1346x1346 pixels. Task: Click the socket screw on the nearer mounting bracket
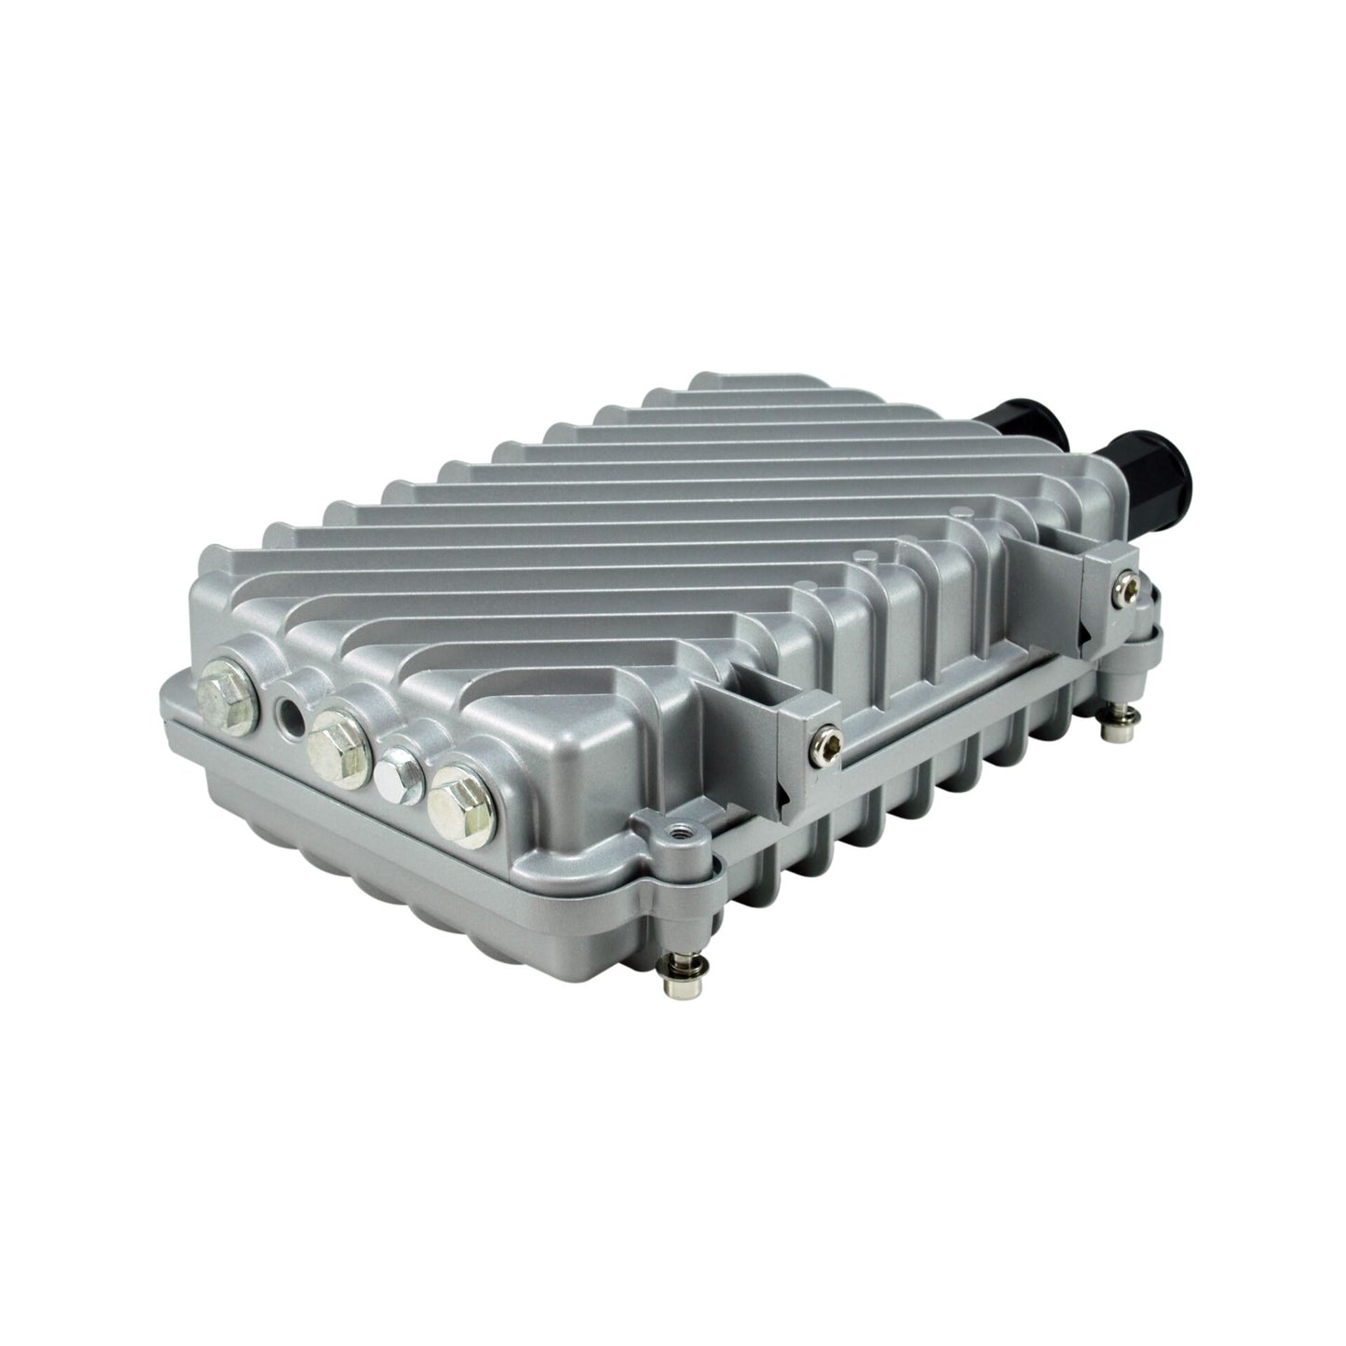tap(820, 741)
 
